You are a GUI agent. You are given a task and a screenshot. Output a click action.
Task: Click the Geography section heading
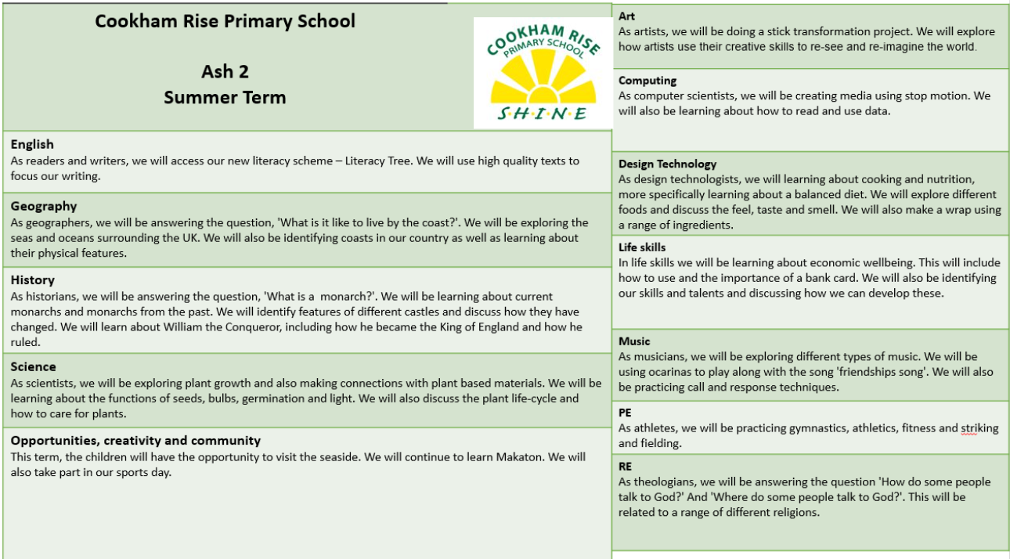click(44, 207)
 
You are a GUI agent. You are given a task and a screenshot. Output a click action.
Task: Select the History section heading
click(33, 280)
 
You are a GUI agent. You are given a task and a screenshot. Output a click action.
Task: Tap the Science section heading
click(34, 366)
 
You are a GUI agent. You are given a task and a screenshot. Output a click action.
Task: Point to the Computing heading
click(647, 81)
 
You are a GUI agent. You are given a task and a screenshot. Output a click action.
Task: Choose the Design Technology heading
click(667, 164)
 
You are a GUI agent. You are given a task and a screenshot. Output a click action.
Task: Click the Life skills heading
click(642, 247)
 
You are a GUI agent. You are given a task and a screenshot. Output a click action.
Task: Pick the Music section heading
click(634, 341)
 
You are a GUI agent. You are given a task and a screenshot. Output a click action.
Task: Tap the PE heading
click(625, 413)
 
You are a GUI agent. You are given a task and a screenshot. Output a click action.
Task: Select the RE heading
click(625, 466)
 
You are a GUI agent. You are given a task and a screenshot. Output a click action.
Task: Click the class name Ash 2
click(225, 71)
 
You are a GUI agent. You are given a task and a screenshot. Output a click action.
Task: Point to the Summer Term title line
click(225, 98)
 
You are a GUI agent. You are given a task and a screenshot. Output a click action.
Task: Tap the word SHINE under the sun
click(542, 114)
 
